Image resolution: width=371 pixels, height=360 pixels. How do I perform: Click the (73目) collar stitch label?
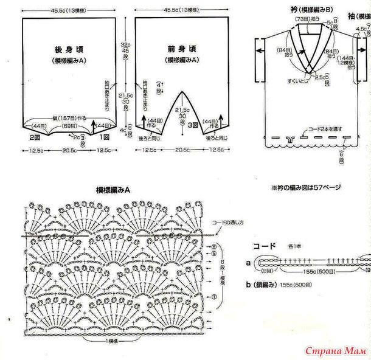point(303,19)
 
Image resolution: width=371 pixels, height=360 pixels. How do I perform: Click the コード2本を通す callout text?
point(325,130)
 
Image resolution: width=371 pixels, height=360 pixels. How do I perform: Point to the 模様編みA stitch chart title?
point(113,190)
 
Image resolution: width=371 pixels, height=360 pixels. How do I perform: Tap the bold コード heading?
point(265,246)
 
